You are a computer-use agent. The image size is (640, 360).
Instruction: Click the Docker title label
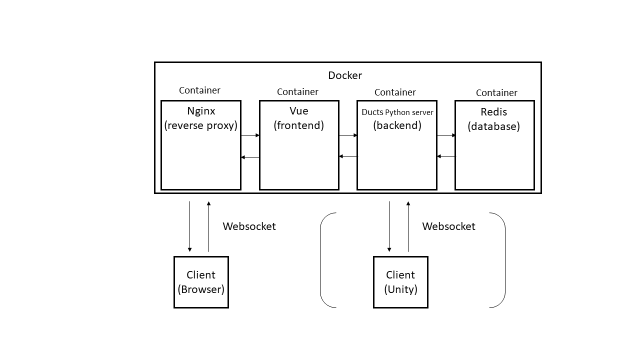(x=345, y=75)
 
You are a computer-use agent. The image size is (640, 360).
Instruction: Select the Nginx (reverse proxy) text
(x=201, y=118)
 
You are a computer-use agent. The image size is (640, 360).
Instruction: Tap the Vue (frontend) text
(x=298, y=118)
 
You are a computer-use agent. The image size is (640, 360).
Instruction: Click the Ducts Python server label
(x=397, y=112)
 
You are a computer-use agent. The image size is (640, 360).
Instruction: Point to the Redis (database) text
(x=494, y=119)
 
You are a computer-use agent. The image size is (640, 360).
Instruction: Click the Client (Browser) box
(x=201, y=282)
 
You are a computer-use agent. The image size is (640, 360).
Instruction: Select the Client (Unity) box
(x=400, y=282)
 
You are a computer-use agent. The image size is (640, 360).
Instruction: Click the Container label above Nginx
(x=199, y=90)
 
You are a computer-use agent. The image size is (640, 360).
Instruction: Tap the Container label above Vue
(x=297, y=92)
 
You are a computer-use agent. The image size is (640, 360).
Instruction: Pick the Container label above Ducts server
(x=395, y=92)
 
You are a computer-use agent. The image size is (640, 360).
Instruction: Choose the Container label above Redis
(x=496, y=93)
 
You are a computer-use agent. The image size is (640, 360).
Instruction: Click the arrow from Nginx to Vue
(x=250, y=135)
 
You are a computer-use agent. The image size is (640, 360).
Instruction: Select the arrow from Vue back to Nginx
(x=250, y=157)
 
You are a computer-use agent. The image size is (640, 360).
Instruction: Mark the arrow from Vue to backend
(x=348, y=135)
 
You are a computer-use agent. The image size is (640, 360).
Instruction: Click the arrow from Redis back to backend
(x=446, y=156)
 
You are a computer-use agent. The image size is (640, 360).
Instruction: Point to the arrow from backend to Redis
(x=446, y=135)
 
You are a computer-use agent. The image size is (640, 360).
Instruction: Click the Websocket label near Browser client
(x=249, y=226)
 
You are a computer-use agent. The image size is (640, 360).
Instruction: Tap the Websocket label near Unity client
(x=448, y=226)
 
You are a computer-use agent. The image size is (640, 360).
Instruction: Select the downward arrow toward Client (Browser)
(x=189, y=226)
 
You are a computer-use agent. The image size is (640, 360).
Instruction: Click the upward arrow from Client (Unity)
(x=408, y=226)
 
